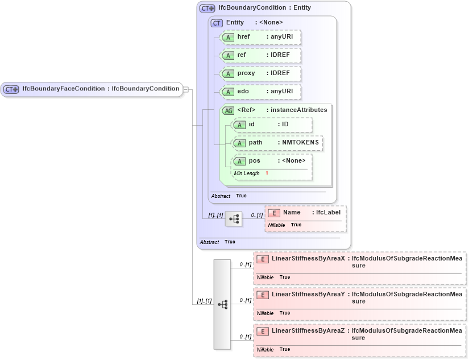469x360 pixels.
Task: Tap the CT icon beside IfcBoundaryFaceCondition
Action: point(11,89)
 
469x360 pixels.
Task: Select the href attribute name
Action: point(243,37)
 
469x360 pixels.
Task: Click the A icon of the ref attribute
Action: point(228,56)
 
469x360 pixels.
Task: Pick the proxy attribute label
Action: point(246,73)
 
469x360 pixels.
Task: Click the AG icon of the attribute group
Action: point(228,110)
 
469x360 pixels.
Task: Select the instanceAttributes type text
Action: point(298,110)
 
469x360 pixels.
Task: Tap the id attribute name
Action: point(251,124)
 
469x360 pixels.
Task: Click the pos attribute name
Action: point(254,160)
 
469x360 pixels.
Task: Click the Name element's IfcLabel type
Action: point(328,212)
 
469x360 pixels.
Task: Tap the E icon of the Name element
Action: point(274,213)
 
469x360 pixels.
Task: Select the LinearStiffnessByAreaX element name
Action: point(308,259)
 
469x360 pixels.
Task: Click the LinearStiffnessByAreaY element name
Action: point(308,295)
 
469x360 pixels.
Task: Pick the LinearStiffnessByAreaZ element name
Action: point(308,330)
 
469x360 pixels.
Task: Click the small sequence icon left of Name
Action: point(233,218)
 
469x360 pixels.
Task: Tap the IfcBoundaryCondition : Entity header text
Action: point(264,8)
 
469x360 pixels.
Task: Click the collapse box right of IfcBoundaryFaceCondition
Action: point(185,89)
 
